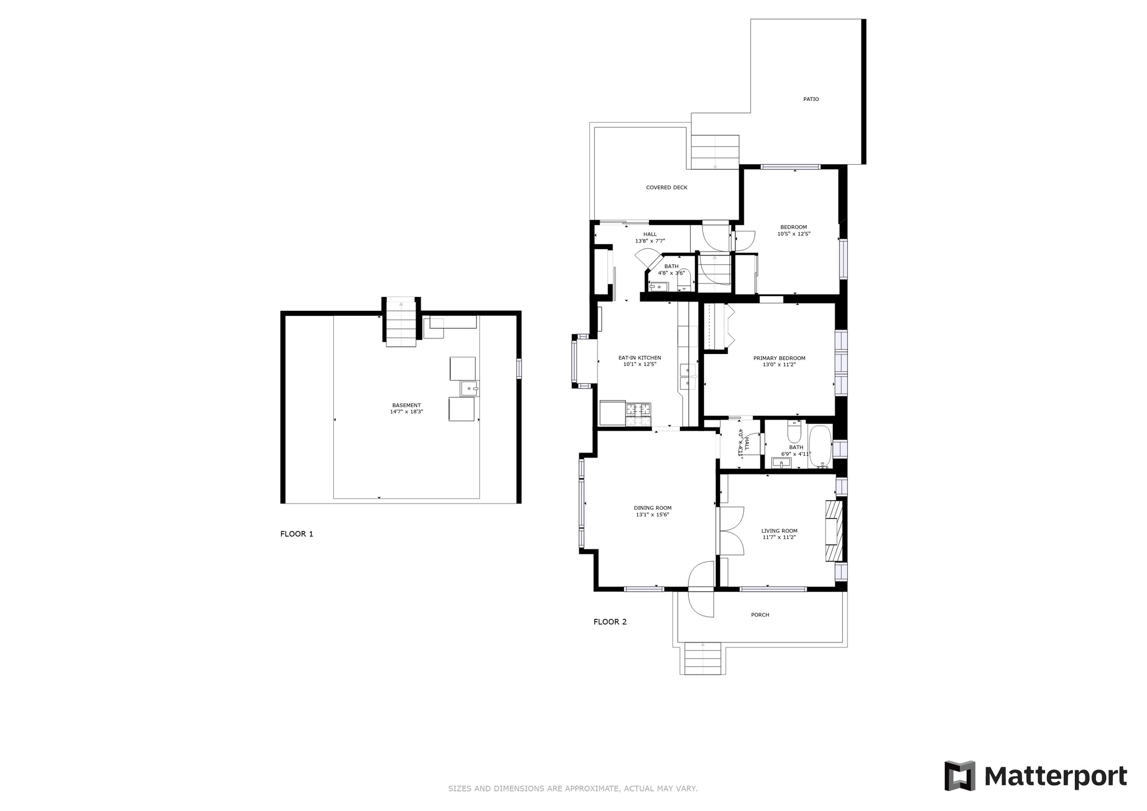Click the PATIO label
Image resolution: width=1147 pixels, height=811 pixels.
(x=810, y=99)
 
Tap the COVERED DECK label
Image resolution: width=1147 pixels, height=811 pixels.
(x=666, y=188)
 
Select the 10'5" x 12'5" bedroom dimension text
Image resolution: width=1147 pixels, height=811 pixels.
(x=794, y=234)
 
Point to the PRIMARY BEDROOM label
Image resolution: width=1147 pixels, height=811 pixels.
(x=779, y=358)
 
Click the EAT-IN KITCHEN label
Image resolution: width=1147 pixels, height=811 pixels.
(x=640, y=358)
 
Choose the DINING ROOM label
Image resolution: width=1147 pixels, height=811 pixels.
(x=652, y=508)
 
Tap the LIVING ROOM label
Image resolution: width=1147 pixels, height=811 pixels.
(x=779, y=531)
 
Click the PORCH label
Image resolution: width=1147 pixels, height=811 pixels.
(x=760, y=615)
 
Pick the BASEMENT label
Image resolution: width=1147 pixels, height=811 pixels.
(x=406, y=405)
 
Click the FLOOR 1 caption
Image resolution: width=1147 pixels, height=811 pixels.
(x=297, y=534)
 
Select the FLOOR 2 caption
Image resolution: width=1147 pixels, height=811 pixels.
(x=610, y=622)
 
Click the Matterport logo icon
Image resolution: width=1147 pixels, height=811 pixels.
(x=960, y=776)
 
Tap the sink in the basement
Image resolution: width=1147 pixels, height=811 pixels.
(x=470, y=388)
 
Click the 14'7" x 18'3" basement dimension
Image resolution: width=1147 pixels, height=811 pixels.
(x=406, y=412)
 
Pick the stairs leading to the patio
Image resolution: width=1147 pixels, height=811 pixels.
(x=715, y=152)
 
